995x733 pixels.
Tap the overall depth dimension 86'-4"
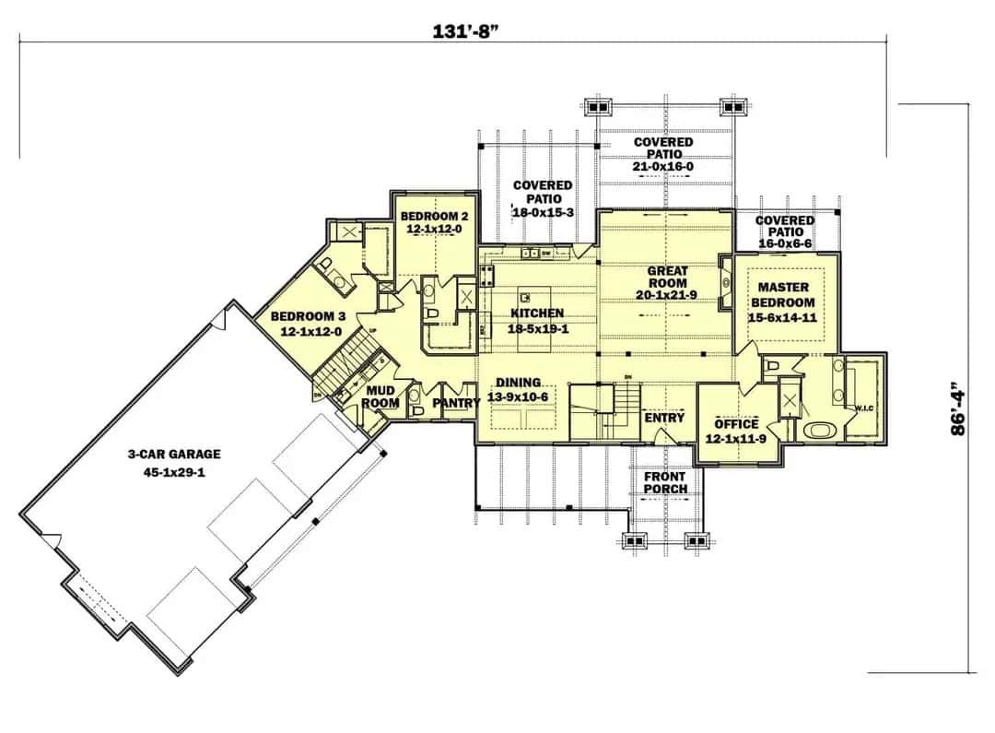pos(962,408)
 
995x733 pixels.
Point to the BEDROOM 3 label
pos(306,324)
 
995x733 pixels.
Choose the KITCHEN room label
pos(537,320)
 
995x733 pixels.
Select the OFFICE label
pos(737,431)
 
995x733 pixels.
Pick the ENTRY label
pos(664,418)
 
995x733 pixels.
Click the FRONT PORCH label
pos(665,482)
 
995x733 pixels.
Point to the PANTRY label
pos(456,403)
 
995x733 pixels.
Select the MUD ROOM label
pos(380,396)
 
